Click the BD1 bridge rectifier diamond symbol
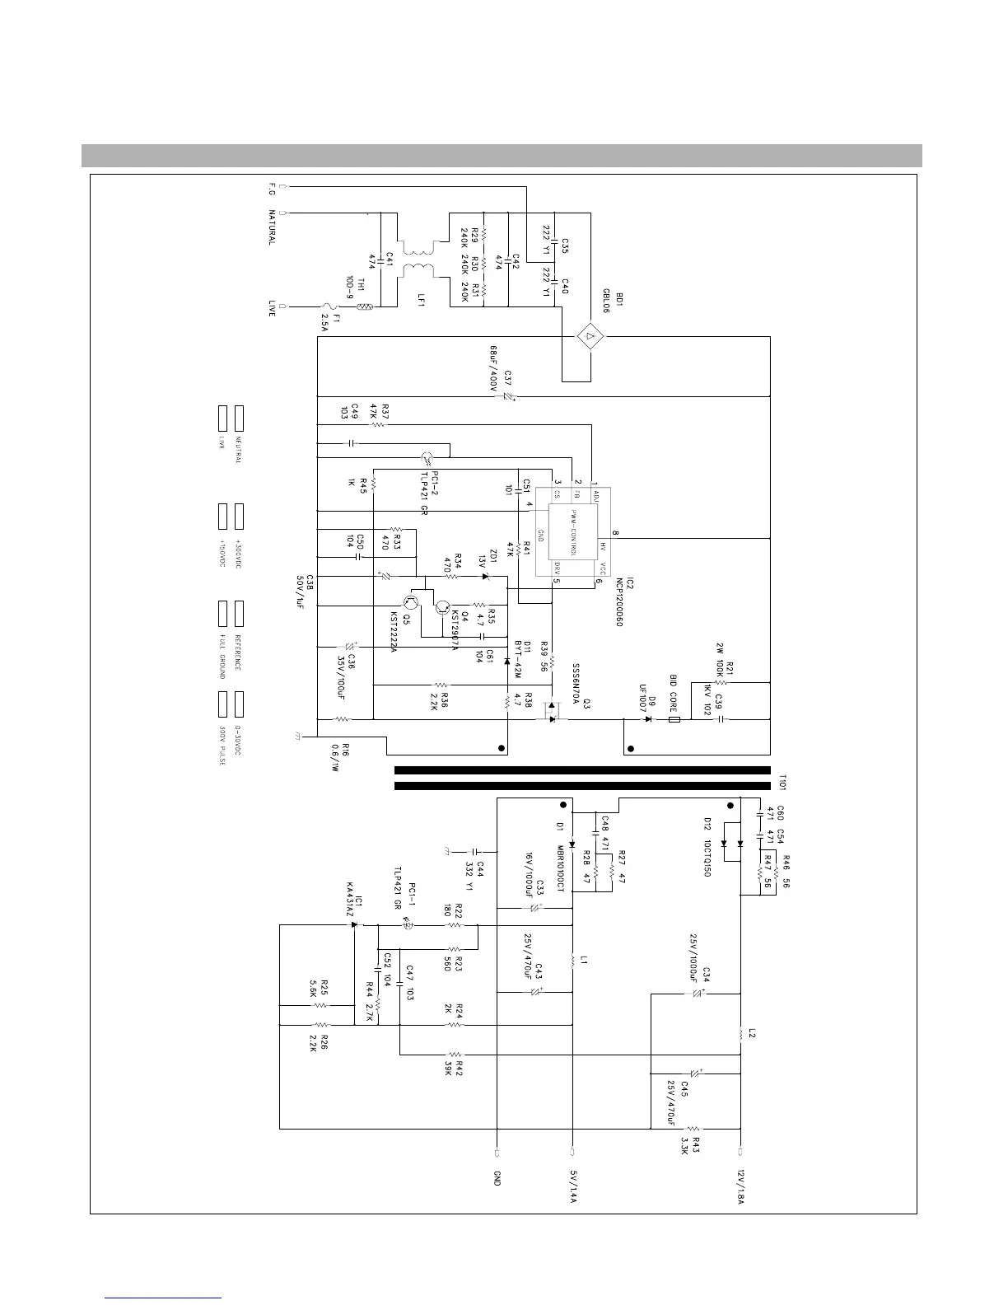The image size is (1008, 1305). [x=590, y=336]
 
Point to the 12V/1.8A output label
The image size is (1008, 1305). [x=740, y=1186]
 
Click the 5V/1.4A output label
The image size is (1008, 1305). [x=572, y=1186]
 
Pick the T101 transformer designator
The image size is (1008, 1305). [x=783, y=781]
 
